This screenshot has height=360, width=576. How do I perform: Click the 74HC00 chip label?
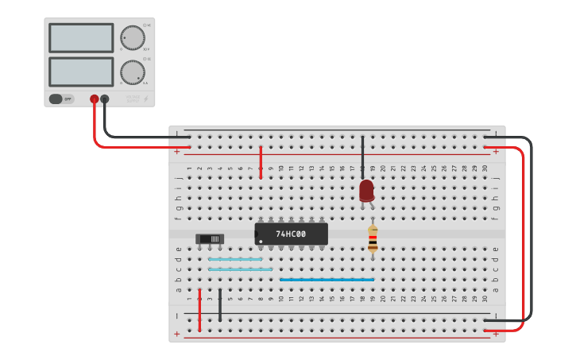(x=291, y=234)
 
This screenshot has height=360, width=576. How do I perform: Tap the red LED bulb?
(x=366, y=190)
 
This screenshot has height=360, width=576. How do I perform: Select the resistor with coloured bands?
(x=373, y=238)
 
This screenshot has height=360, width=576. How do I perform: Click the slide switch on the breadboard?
(x=210, y=238)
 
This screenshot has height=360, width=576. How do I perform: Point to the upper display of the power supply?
(x=81, y=37)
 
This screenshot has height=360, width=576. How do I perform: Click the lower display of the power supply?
(x=81, y=72)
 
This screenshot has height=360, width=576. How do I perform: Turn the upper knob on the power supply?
(x=133, y=37)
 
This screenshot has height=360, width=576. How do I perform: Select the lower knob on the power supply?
(x=133, y=72)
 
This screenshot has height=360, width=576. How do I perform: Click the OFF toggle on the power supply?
(x=56, y=99)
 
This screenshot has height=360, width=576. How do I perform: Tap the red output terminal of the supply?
(x=94, y=99)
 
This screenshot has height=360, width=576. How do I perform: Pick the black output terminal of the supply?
(x=104, y=99)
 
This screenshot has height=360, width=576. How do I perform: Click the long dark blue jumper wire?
(x=326, y=280)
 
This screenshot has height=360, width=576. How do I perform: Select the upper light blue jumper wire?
(x=235, y=259)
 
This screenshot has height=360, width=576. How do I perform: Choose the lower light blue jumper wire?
(x=240, y=269)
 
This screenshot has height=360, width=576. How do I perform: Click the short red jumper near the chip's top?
(x=261, y=162)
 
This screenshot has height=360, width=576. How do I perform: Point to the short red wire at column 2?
(x=199, y=310)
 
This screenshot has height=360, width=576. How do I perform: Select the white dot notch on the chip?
(x=260, y=241)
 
